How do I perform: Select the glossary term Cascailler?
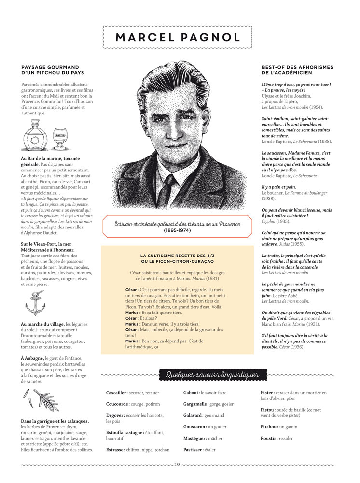coord(116,393)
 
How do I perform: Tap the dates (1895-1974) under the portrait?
coord(177,231)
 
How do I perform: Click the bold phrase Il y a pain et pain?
coord(279,187)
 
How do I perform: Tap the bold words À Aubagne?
coord(32,357)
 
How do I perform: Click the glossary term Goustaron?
coord(194,426)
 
